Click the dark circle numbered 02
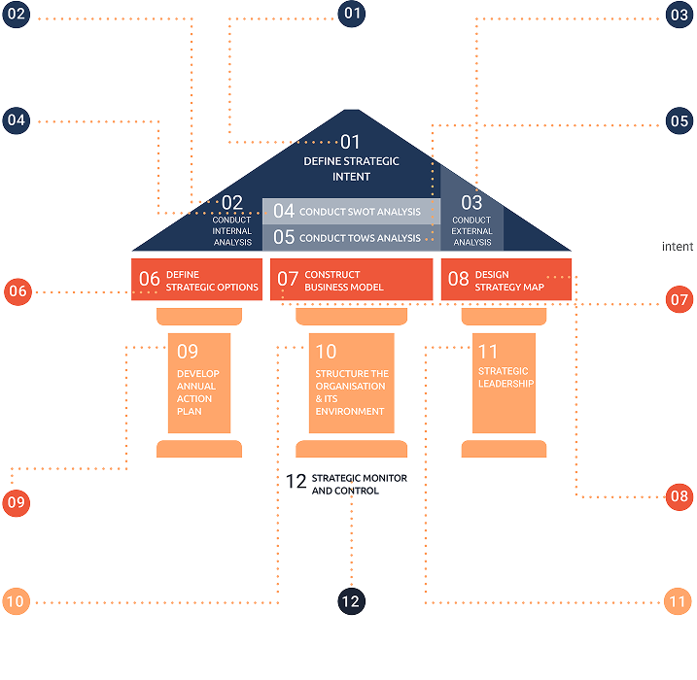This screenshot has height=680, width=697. tap(17, 14)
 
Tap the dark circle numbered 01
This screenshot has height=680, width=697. tap(351, 14)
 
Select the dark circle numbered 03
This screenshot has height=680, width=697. tap(679, 14)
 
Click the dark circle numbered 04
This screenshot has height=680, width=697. tap(17, 120)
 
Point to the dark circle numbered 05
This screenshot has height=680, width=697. tap(679, 120)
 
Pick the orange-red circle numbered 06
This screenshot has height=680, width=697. tap(17, 290)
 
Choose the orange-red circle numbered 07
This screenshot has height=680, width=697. tap(679, 297)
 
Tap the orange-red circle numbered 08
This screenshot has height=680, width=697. tap(679, 495)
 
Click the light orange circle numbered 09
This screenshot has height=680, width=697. tap(17, 502)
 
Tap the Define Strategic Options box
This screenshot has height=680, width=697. tap(197, 280)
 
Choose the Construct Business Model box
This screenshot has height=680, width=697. tap(351, 280)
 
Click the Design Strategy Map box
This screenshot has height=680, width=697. tap(505, 280)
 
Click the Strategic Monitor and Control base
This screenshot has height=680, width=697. tap(351, 484)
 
